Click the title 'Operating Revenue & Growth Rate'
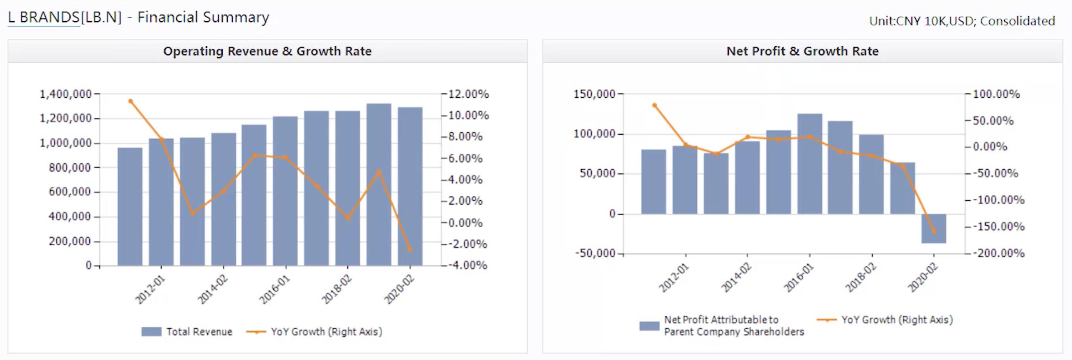click(x=267, y=51)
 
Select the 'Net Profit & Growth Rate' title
click(x=802, y=51)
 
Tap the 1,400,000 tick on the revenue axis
click(x=65, y=94)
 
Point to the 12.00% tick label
click(x=468, y=94)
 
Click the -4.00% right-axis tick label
click(x=467, y=265)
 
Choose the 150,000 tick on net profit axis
click(x=594, y=94)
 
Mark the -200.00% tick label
click(x=1001, y=253)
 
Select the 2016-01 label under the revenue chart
click(x=275, y=289)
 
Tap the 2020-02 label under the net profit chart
click(x=923, y=278)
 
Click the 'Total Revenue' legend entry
click(x=199, y=332)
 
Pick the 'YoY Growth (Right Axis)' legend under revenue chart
click(x=326, y=332)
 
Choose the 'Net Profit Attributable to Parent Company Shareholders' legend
click(x=734, y=325)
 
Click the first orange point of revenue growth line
click(x=130, y=101)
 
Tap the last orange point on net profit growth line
click(x=934, y=232)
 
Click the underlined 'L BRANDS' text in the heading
click(x=44, y=17)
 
